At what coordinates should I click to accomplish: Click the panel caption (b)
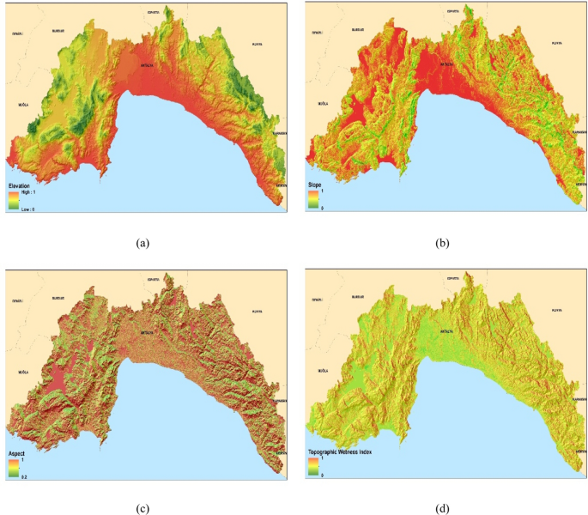(442, 243)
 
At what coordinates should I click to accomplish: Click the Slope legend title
(318, 185)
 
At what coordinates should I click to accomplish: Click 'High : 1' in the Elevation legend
(30, 194)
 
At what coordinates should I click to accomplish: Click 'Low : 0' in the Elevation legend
(29, 207)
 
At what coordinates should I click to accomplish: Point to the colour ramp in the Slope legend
(312, 200)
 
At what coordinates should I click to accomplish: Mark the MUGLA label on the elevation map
(23, 104)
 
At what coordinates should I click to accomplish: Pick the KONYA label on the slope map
(556, 43)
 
